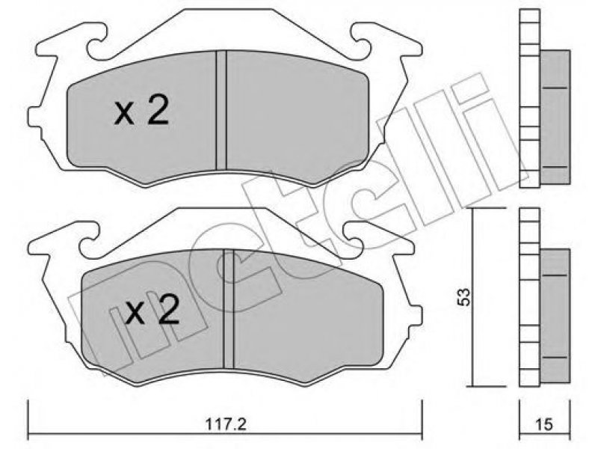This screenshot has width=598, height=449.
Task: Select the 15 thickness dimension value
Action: [544, 424]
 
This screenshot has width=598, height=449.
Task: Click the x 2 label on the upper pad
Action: [141, 111]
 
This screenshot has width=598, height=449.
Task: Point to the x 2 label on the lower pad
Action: [152, 310]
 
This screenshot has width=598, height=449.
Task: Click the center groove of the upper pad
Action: [221, 110]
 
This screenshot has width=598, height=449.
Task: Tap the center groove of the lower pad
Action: [229, 309]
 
